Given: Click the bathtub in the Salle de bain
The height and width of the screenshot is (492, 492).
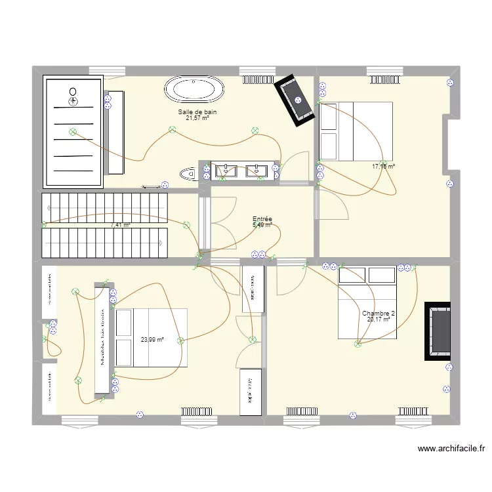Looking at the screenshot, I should (x=194, y=89).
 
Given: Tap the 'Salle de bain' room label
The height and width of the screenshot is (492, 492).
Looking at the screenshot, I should (x=197, y=112).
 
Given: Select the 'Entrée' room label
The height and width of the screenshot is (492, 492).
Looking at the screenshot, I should (x=262, y=219).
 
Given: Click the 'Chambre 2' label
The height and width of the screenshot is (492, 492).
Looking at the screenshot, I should (x=379, y=314).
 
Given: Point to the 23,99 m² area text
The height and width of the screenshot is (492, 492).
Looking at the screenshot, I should (x=152, y=340).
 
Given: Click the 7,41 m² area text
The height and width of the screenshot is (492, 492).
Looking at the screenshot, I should (x=121, y=225).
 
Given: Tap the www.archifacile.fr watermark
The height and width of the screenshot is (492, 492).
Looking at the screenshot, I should (x=451, y=449).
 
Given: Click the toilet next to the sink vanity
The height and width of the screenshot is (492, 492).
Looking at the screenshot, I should (x=188, y=173).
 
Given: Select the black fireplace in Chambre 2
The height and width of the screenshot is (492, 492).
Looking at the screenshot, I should (x=438, y=331).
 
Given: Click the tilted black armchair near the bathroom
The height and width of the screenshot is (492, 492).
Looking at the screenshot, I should (x=295, y=100).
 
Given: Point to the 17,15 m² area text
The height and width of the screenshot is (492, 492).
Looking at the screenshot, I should (x=383, y=167).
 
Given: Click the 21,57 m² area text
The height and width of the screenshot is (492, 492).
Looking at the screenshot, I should (x=197, y=119).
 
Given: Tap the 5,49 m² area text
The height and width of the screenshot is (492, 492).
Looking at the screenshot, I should (x=262, y=225).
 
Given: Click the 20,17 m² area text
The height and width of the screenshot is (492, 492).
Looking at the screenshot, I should (x=379, y=320).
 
